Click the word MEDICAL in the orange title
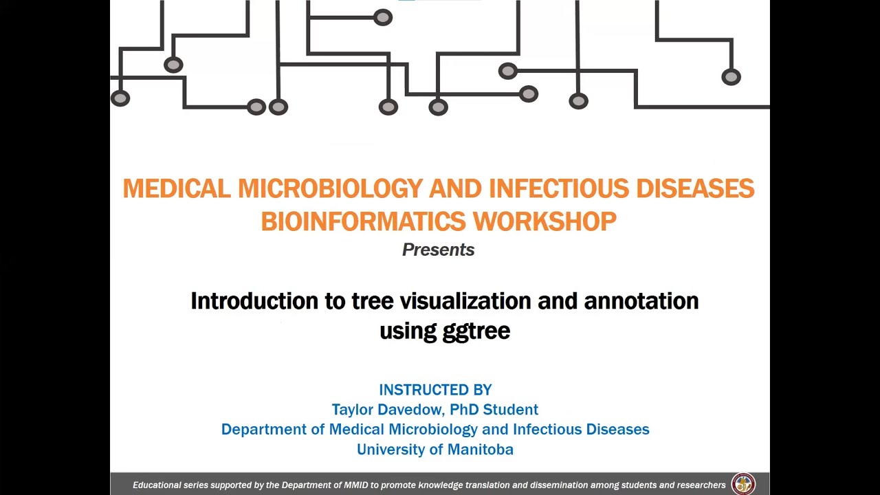[x=177, y=188]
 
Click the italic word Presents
[x=438, y=250]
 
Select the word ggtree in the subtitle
[x=476, y=331]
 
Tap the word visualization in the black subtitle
[x=465, y=301]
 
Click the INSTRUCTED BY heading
[x=435, y=390]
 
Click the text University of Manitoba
[x=434, y=450]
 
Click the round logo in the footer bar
[x=743, y=484]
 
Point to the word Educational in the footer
[x=157, y=485]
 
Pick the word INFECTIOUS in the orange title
[x=559, y=188]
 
